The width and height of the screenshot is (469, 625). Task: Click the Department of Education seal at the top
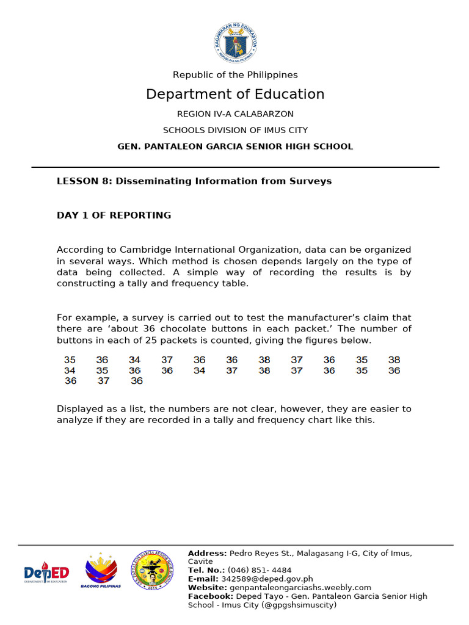pos(235,42)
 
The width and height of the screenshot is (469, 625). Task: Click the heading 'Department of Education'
pos(235,94)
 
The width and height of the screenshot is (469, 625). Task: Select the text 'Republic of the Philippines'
pos(235,74)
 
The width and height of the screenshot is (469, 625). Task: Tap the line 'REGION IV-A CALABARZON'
pos(235,114)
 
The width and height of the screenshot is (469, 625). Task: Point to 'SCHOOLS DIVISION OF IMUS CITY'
pos(235,130)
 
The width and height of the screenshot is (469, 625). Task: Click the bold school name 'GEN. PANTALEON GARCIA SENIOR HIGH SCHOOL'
pos(235,146)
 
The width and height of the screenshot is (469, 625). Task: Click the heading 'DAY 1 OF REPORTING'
pos(114,215)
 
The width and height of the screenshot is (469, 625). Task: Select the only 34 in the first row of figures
pos(134,360)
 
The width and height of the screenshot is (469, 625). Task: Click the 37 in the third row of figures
pos(103,381)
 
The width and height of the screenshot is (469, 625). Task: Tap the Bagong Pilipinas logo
pos(101,571)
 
